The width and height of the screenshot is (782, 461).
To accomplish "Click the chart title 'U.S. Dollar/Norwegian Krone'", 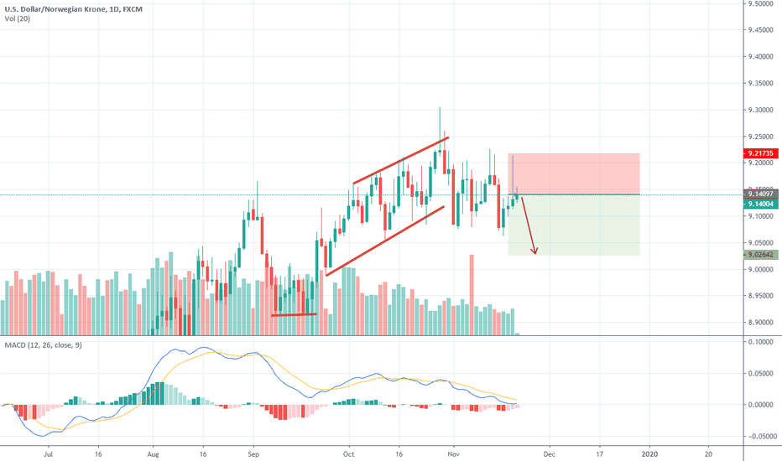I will pos(55,7).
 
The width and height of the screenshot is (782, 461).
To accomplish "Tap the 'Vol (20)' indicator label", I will pos(19,18).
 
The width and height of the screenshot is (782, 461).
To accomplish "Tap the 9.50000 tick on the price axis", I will pos(760,4).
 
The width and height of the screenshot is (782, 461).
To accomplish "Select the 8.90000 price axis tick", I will pos(760,322).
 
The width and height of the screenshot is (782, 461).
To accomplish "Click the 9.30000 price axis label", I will pos(760,110).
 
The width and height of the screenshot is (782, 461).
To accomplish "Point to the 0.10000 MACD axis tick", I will pos(760,342).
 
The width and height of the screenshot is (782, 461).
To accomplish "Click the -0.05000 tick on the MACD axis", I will pos(760,436).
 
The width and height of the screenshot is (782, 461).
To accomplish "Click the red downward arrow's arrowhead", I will pos(534,251).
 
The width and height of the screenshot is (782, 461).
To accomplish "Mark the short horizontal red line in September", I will pos(294,314).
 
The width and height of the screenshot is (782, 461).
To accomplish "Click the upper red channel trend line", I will pos(401,159).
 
